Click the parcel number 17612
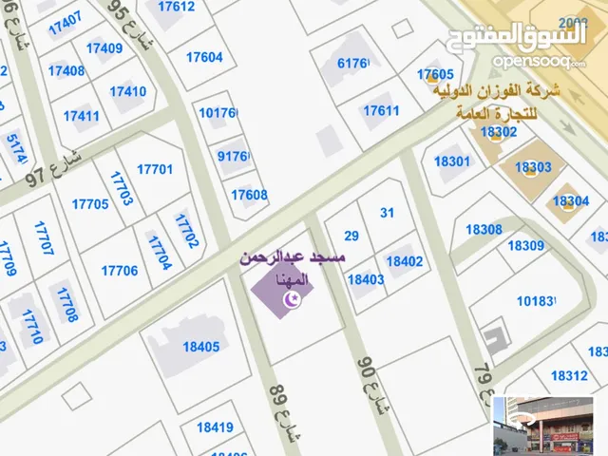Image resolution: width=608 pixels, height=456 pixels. tap(176, 7)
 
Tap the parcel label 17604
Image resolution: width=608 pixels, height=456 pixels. tap(204, 57)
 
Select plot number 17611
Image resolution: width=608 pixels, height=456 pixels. tap(381, 111)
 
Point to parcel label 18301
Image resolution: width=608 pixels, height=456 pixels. tap(452, 161)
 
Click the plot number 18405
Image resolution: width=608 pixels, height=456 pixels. tap(200, 347)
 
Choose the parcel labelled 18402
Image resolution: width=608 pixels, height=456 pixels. tap(405, 260)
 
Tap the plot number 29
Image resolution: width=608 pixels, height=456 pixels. tap(351, 236)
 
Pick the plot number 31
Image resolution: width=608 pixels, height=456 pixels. tap(387, 213)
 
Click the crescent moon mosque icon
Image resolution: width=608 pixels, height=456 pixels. tap(293, 300)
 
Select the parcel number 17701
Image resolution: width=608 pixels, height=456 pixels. tap(155, 169)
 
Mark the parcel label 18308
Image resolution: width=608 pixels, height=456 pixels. tap(484, 229)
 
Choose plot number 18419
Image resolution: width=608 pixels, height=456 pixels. tap(215, 427)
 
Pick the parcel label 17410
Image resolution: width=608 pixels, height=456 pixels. tap(128, 92)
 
